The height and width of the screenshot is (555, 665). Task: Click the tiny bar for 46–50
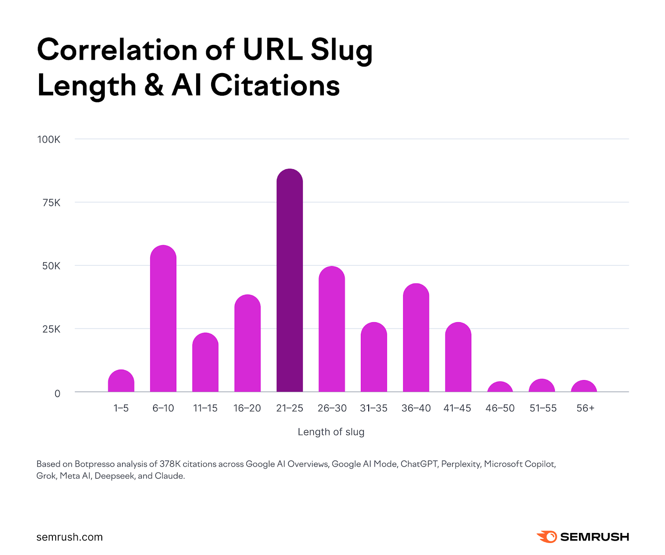(500, 387)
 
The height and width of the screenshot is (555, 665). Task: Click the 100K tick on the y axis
(49, 140)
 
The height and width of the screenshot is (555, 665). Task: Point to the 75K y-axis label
(51, 203)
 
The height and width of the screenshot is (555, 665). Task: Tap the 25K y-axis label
(51, 329)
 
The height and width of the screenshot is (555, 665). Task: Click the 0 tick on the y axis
(57, 393)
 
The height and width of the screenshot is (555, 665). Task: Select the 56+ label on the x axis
(585, 408)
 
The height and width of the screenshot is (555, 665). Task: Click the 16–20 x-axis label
(247, 408)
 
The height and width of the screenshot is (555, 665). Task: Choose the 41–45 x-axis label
(457, 408)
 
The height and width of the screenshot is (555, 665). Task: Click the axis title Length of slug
(331, 432)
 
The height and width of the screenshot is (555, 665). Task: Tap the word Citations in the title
(275, 86)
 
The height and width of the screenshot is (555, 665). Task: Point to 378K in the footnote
(170, 464)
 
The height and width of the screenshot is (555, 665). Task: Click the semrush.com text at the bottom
(69, 537)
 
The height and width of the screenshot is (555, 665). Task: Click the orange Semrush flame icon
(547, 537)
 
